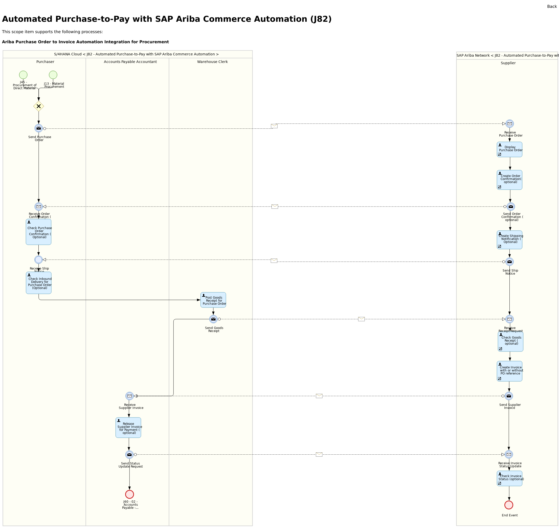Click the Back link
552,7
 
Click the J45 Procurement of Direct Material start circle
23,75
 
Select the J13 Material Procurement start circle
53,75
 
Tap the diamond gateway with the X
39,106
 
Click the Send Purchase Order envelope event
39,128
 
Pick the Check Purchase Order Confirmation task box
39,232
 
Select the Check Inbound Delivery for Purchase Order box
39,283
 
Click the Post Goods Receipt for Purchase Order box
213,300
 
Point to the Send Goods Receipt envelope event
213,319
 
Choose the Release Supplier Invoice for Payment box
128,428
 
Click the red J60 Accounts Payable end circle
130,494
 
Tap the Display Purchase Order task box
509,149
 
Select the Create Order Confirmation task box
509,180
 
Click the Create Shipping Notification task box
509,240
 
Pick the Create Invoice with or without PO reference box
509,371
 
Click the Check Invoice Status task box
509,479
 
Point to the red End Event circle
509,505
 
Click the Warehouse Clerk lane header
212,62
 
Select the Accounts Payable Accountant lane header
130,62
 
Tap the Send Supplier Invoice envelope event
509,396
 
